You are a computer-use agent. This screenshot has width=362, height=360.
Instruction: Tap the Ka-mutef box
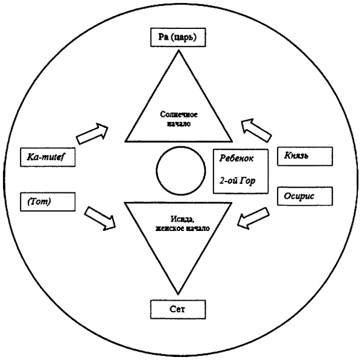click(49, 157)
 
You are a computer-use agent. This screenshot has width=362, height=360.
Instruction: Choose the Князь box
click(304, 156)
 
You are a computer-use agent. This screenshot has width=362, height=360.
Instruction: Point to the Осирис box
click(304, 197)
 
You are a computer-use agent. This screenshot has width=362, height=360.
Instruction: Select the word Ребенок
click(240, 157)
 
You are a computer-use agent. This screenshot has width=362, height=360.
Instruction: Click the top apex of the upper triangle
click(179, 52)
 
